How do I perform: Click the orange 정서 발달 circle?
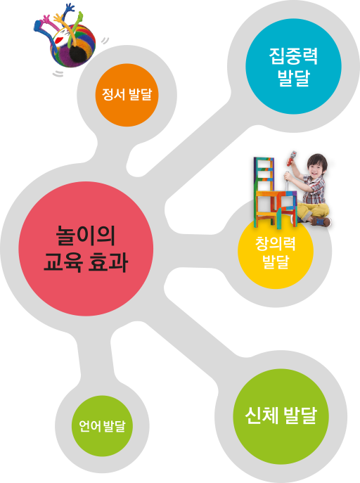127,95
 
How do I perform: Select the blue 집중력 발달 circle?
293,66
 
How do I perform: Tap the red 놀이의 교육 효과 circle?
86,249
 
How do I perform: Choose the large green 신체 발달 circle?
281,416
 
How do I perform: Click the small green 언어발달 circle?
102,426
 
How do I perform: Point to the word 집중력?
293,56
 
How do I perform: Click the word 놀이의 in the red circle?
86,236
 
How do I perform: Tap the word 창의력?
276,243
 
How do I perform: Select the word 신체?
262,416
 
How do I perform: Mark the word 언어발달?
102,426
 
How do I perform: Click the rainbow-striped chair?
273,193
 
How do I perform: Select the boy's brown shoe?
321,221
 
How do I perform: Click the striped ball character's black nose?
77,53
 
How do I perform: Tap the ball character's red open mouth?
60,40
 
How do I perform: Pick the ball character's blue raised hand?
69,8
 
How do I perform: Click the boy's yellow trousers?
311,211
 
